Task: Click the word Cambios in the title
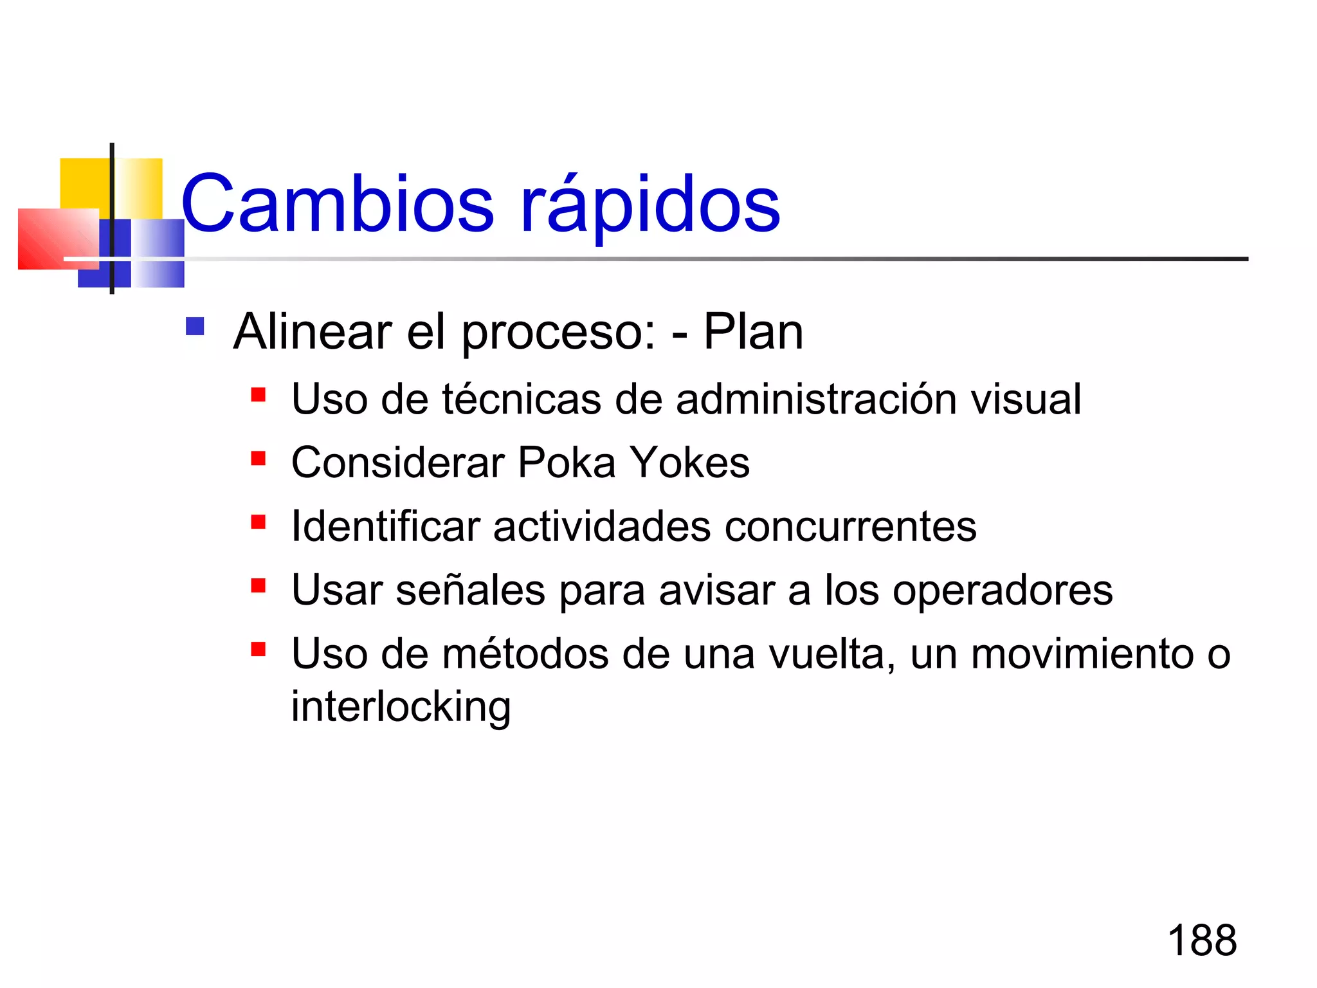(338, 205)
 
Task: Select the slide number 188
(1201, 940)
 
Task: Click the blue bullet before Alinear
(195, 327)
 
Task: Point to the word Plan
(753, 332)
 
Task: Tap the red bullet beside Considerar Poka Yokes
(259, 459)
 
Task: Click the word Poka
(567, 462)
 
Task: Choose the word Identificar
(386, 526)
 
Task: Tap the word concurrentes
(850, 527)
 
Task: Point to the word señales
(470, 590)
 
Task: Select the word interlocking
(401, 706)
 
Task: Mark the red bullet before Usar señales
(259, 586)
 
